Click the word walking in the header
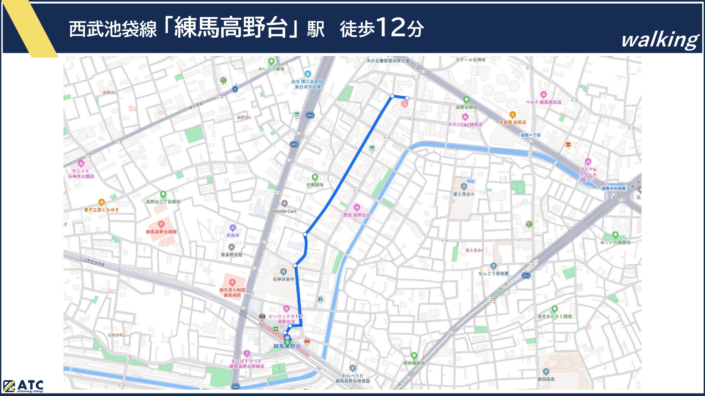point(660,40)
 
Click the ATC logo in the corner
point(23,386)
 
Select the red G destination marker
point(405,103)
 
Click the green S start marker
point(287,342)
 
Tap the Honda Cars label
point(284,211)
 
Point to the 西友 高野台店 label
point(357,215)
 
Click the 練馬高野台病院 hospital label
point(161,232)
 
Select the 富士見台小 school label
point(464,194)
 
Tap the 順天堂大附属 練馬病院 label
point(232,293)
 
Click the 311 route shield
point(526,275)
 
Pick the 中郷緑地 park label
point(315,184)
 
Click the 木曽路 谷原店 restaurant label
point(513,122)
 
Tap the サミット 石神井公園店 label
point(81,174)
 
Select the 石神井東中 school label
point(283,279)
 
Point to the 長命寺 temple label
point(233,235)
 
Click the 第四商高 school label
point(546,379)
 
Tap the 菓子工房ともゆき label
point(102,210)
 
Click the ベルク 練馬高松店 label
point(544,102)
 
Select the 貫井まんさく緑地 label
point(554,316)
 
